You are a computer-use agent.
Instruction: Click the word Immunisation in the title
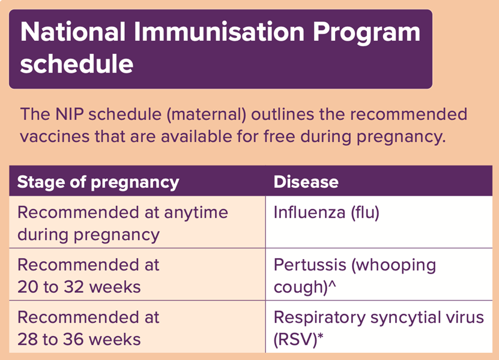pyautogui.click(x=219, y=32)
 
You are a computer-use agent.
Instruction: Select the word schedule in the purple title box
pyautogui.click(x=77, y=63)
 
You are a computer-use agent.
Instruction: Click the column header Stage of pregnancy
pyautogui.click(x=98, y=182)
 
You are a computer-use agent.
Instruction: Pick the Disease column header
pyautogui.click(x=306, y=182)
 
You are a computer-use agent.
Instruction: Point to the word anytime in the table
pyautogui.click(x=196, y=213)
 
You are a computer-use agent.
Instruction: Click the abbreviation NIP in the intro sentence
pyautogui.click(x=70, y=114)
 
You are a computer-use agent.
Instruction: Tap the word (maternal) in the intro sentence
pyautogui.click(x=207, y=115)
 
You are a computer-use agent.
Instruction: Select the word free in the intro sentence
pyautogui.click(x=279, y=136)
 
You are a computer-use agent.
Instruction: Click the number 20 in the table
pyautogui.click(x=28, y=287)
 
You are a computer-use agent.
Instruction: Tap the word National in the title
pyautogui.click(x=73, y=32)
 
